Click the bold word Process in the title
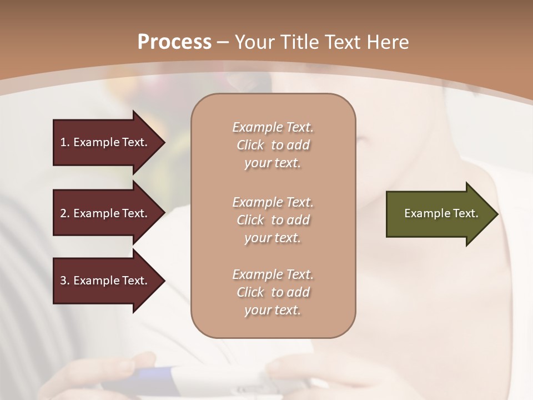click(x=174, y=42)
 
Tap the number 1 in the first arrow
click(x=63, y=142)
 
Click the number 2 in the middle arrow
click(x=63, y=213)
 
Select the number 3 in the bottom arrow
click(x=63, y=281)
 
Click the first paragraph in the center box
click(x=273, y=145)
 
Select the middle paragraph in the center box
click(x=273, y=220)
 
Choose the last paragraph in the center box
click(x=273, y=292)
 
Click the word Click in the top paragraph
click(x=250, y=145)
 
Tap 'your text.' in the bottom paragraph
click(x=273, y=310)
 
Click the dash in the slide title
click(x=223, y=42)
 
